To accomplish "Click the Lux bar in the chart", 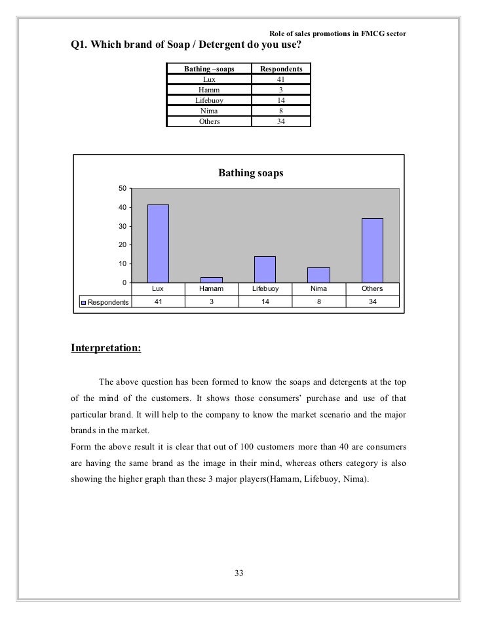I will [158, 243].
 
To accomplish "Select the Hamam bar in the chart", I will [212, 279].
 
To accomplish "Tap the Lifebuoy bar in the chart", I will [265, 269].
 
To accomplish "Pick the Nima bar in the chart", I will [318, 275].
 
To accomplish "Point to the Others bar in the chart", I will [372, 250].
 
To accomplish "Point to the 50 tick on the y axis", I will [123, 189].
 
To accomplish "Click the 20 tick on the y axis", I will [123, 245].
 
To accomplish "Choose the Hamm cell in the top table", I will [208, 90].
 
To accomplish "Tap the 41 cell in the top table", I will [281, 79].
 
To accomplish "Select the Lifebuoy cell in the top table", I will [208, 100].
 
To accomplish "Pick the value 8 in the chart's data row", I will [319, 301].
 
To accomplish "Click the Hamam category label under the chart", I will [212, 288].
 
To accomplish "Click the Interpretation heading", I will [105, 347].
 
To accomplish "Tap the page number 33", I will [238, 574].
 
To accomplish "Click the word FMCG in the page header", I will [370, 34].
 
